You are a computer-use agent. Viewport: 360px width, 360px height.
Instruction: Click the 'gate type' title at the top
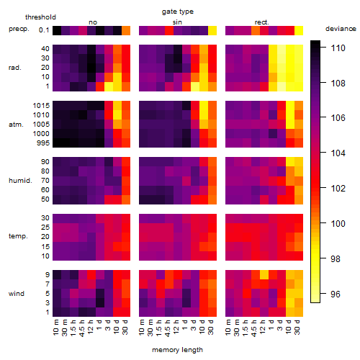(x=178, y=12)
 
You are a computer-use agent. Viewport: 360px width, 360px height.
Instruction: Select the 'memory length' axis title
(x=177, y=350)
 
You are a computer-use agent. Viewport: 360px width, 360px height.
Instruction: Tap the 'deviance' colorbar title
(x=341, y=29)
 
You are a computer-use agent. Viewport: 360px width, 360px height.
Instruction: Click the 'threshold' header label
(x=40, y=17)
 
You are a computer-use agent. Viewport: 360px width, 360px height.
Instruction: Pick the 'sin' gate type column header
(x=177, y=22)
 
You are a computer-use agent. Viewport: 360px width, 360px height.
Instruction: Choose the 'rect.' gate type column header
(x=261, y=22)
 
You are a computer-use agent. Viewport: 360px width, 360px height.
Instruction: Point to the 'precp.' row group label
(x=19, y=29)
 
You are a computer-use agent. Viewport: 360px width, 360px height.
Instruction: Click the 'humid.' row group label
(x=20, y=181)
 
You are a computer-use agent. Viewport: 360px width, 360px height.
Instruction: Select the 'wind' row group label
(x=17, y=294)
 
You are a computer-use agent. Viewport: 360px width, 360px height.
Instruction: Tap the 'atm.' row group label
(x=16, y=125)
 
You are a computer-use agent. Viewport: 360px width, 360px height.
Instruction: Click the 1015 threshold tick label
(x=41, y=106)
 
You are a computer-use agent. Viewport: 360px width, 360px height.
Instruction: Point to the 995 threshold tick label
(x=43, y=143)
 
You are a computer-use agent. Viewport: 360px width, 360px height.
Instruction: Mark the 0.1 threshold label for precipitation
(x=44, y=30)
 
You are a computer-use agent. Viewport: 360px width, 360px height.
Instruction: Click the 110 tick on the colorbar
(x=338, y=48)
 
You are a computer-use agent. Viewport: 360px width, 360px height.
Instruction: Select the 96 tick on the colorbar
(x=336, y=294)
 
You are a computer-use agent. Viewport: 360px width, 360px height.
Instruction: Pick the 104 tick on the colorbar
(x=338, y=153)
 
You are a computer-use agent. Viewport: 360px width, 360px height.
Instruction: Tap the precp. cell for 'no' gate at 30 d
(x=126, y=30)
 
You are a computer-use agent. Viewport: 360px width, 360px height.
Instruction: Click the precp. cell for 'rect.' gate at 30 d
(x=299, y=30)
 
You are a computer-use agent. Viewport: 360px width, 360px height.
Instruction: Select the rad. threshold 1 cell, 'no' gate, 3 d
(x=109, y=86)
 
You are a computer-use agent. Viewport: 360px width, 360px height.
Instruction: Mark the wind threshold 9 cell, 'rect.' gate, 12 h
(x=264, y=274)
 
